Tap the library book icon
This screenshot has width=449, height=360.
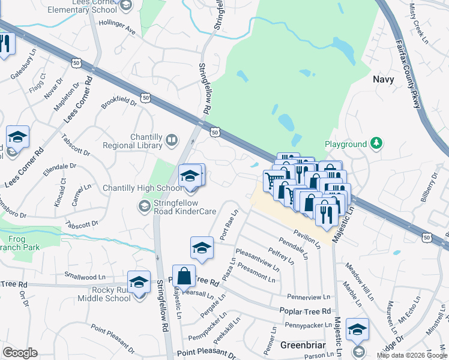pyautogui.click(x=172, y=140)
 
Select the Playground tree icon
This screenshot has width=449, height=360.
pyautogui.click(x=376, y=143)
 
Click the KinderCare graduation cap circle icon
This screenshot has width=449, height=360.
pyautogui.click(x=144, y=206)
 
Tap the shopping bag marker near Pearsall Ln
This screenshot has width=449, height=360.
pyautogui.click(x=184, y=277)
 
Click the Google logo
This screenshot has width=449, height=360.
pyautogui.click(x=20, y=352)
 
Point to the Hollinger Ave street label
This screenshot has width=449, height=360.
pyautogui.click(x=117, y=30)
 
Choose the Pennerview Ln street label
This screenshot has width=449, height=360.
pyautogui.click(x=309, y=297)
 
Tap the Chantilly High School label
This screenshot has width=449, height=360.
pyautogui.click(x=142, y=188)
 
